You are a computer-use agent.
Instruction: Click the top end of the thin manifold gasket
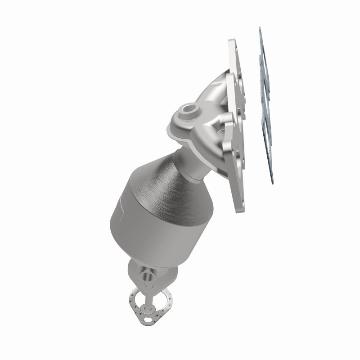point(260,28)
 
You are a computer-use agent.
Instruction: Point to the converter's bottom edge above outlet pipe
point(148,257)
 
